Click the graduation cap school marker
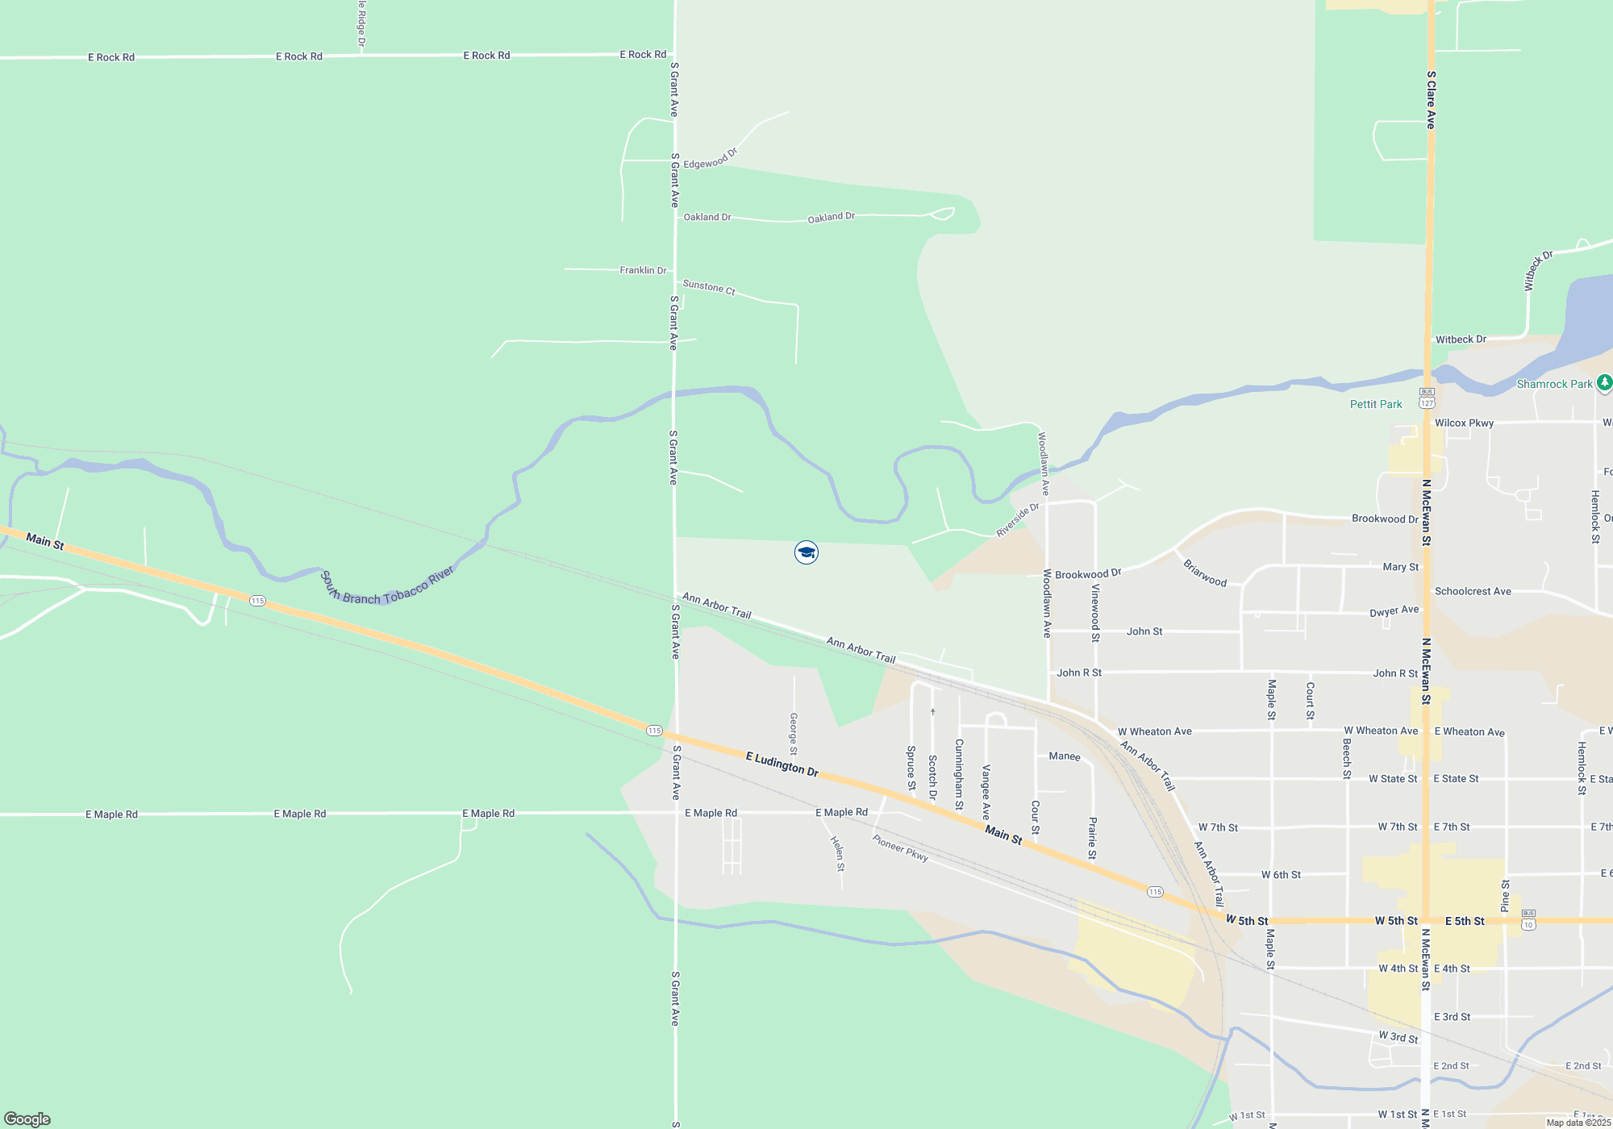[806, 552]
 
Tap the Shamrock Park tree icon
[1604, 383]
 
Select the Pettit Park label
[1376, 404]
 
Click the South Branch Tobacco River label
[388, 586]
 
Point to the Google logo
[27, 1119]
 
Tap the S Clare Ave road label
[1431, 100]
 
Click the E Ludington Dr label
[781, 764]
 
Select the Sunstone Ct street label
[709, 287]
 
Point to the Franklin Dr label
[643, 270]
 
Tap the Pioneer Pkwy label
[900, 848]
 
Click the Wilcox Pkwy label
[1464, 423]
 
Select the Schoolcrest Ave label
[1473, 591]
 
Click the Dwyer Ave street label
[1394, 611]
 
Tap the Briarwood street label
[1205, 573]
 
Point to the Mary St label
[1400, 567]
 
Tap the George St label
[794, 734]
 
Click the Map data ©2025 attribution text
[1578, 1123]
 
